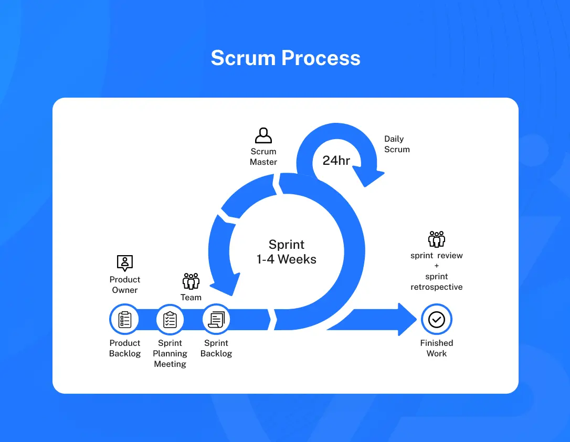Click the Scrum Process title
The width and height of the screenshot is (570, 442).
[x=286, y=58]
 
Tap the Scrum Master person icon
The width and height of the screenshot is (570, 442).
[x=263, y=135]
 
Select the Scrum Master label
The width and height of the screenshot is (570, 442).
[x=263, y=157]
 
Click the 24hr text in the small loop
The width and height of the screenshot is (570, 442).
[x=336, y=161]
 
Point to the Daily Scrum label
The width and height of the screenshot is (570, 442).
[x=397, y=144]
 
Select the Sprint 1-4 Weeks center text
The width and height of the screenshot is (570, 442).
[x=287, y=251]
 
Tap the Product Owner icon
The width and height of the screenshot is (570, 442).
[x=125, y=262]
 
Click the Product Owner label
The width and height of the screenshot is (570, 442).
[x=125, y=285]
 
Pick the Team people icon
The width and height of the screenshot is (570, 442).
[x=191, y=281]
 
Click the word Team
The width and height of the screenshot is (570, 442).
[x=191, y=298]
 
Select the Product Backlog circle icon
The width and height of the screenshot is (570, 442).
[x=125, y=319]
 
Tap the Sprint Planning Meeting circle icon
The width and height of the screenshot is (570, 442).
[x=170, y=319]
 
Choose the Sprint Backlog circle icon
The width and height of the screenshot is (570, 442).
[x=216, y=319]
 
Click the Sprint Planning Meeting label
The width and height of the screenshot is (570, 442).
[x=170, y=353]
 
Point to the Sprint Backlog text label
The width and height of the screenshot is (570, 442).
[x=216, y=348]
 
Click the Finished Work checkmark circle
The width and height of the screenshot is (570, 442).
[x=436, y=319]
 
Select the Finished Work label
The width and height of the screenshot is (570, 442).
[x=436, y=348]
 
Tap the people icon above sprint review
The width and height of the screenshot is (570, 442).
[x=436, y=239]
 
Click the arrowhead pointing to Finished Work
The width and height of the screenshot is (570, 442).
[x=407, y=319]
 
